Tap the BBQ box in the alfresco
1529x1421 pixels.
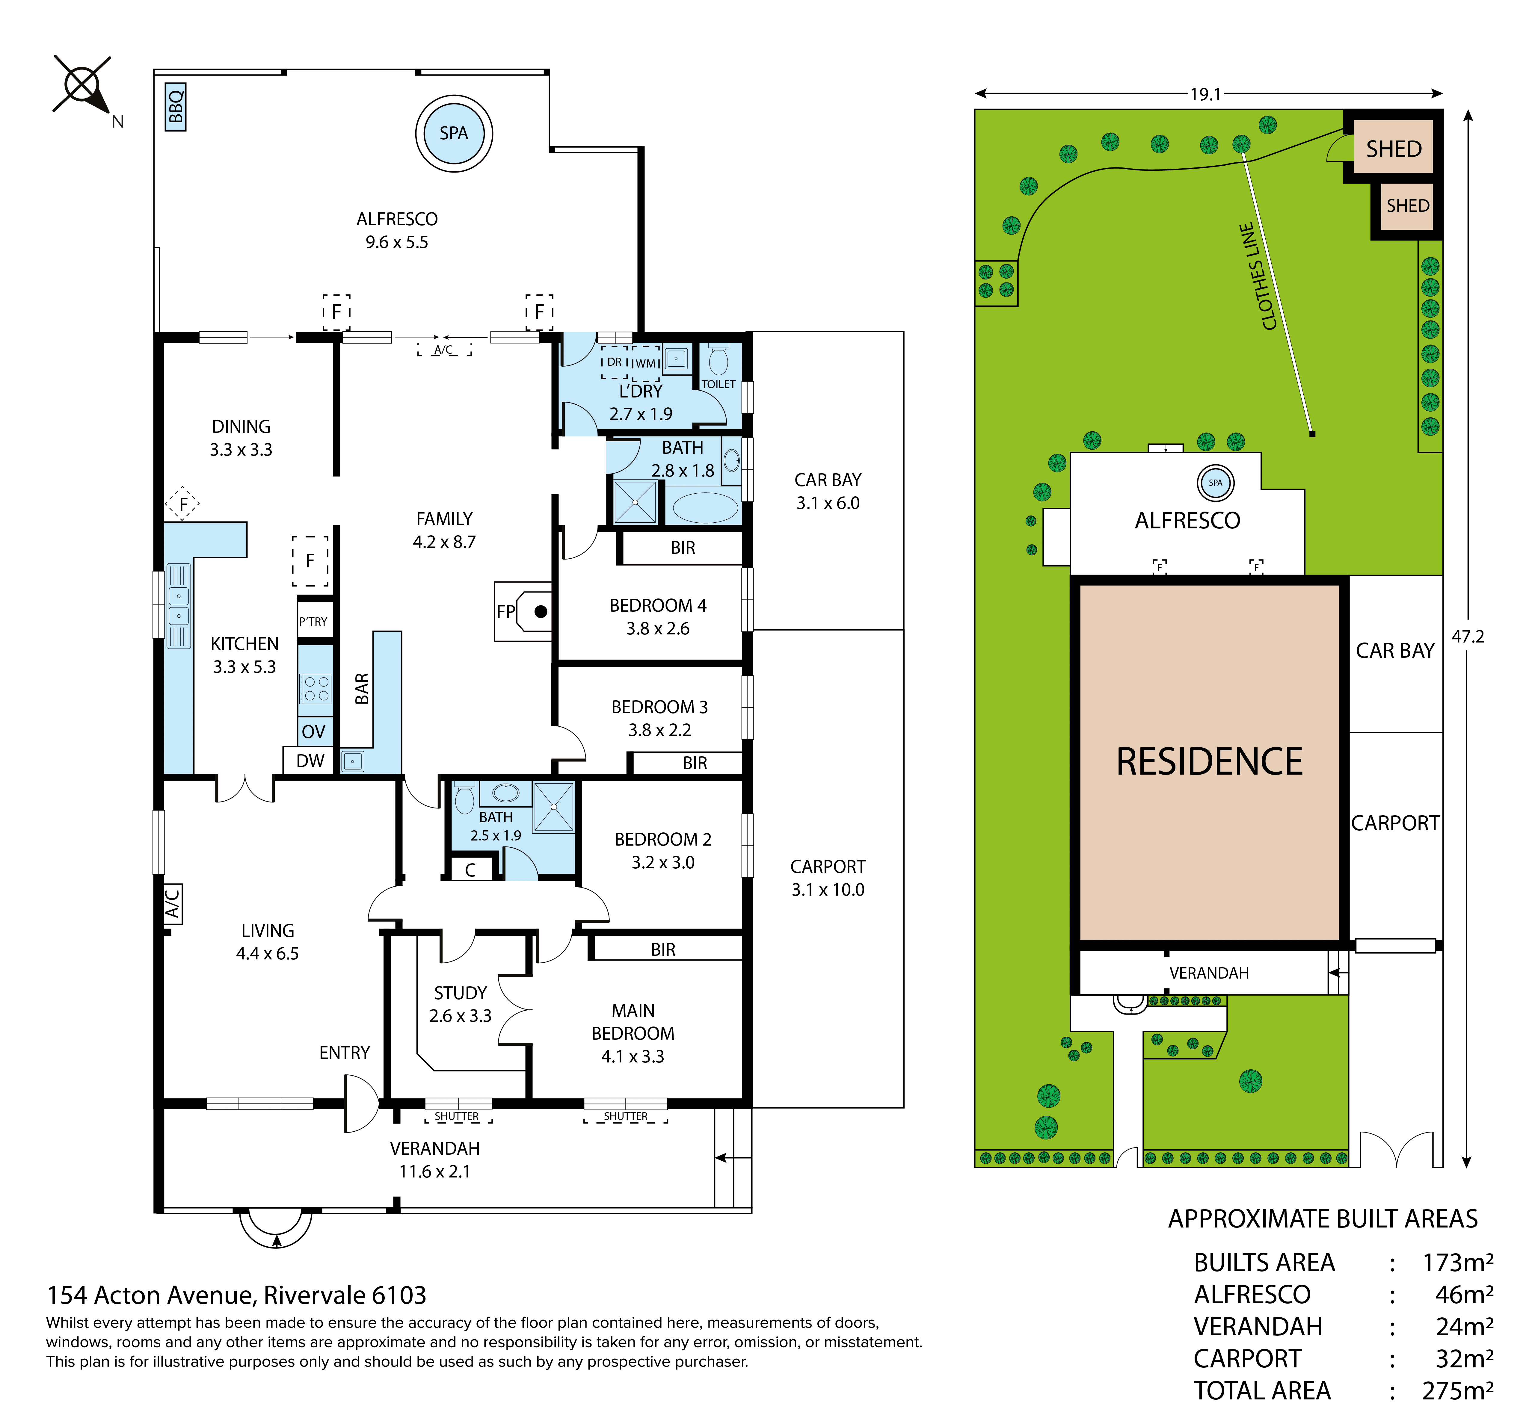(x=175, y=107)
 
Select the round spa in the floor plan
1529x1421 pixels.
(x=454, y=133)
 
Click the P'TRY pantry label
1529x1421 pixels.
(x=313, y=621)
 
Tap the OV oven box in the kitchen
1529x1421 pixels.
(x=314, y=731)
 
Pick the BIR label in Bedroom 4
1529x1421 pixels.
(x=682, y=548)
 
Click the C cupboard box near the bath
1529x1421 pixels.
(x=470, y=870)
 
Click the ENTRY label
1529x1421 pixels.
(x=345, y=1053)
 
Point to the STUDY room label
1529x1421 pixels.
(x=460, y=993)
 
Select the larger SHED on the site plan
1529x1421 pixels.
(x=1393, y=148)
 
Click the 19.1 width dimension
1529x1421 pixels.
(x=1205, y=94)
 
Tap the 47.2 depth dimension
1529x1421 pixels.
(x=1468, y=637)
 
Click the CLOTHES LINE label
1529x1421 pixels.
(x=1258, y=277)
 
